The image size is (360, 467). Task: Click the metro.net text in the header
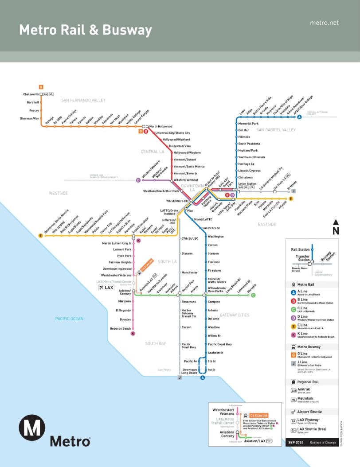pos(324,23)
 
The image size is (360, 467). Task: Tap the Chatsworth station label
pos(31,94)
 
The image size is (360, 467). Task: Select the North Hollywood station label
pos(160,126)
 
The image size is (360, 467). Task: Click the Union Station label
pos(247,183)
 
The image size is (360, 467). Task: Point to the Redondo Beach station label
pos(121,328)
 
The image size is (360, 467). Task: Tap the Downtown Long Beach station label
pos(190,371)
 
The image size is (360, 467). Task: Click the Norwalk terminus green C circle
pos(253,295)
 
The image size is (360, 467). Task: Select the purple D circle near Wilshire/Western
pos(138,180)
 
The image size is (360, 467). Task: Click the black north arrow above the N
pos(336,222)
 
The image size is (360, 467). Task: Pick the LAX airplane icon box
pos(106,288)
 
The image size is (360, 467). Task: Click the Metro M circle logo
pos(32,428)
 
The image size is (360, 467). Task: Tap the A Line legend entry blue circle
pos(293,293)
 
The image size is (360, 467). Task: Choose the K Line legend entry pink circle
pos(293,335)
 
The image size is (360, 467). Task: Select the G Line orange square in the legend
pos(293,355)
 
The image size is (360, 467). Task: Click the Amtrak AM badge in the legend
pos(293,391)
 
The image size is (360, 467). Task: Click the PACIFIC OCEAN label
pos(69,319)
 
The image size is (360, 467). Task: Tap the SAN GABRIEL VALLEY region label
pos(276,130)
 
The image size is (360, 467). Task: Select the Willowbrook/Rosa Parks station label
pos(217,289)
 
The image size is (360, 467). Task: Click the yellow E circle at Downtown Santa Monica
pos(40,236)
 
